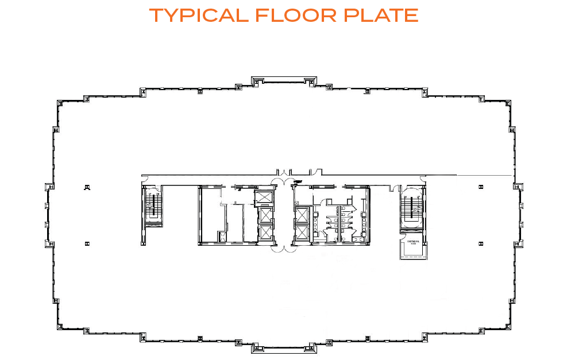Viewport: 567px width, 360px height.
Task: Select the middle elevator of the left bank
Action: click(x=265, y=216)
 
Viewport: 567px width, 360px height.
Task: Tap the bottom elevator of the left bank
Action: click(x=265, y=233)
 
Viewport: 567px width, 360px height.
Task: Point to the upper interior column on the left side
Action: click(x=87, y=187)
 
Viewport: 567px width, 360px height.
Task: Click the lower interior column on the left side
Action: click(x=87, y=243)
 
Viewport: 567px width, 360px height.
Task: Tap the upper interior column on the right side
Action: click(x=480, y=187)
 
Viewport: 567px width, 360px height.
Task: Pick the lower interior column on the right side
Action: click(x=480, y=243)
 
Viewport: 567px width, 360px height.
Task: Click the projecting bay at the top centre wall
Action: click(x=283, y=80)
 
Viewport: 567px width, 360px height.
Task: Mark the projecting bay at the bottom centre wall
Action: click(x=283, y=348)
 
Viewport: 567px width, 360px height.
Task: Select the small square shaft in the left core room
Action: click(x=221, y=235)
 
